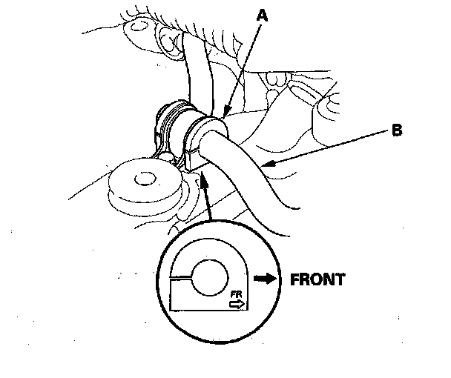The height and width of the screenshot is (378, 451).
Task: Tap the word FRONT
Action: tap(316, 280)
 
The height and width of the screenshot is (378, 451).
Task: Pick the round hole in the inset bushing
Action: tap(213, 276)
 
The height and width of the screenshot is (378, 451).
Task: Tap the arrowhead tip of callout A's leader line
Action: tap(223, 116)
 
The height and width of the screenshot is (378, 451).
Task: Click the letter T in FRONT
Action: tap(340, 280)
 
